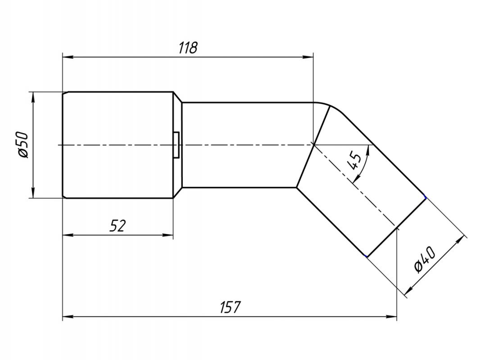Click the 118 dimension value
[x=188, y=48]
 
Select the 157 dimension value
[x=231, y=307]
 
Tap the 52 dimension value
[x=118, y=226]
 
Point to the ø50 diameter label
[x=23, y=145]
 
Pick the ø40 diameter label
[x=425, y=260]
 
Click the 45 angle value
[x=355, y=161]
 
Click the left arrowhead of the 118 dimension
[x=68, y=57]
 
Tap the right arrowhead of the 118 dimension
[x=308, y=57]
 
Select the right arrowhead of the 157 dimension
[x=391, y=316]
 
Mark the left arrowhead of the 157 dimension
[x=68, y=316]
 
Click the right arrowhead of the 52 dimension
[x=168, y=235]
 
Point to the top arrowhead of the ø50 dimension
[x=33, y=97]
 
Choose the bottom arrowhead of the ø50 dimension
[x=33, y=193]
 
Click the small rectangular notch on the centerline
[x=177, y=145]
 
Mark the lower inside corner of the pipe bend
[x=296, y=187]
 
